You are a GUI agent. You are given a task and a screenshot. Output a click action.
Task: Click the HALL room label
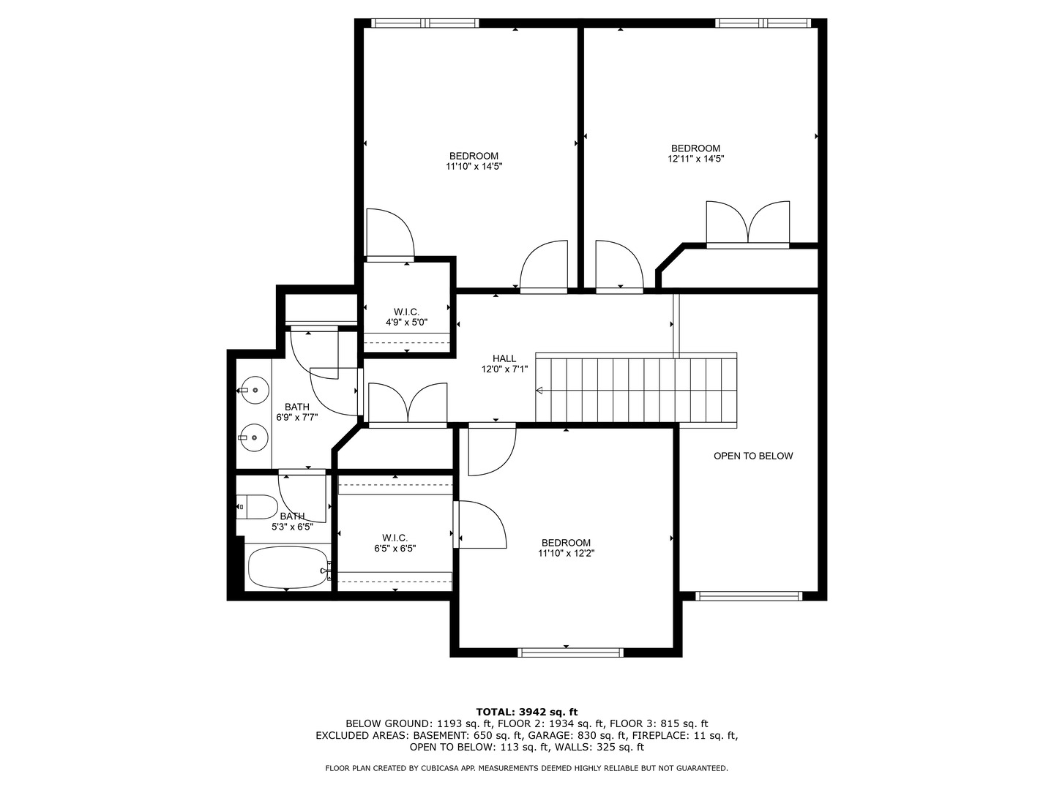tap(504, 358)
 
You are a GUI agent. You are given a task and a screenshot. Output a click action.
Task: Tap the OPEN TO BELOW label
tap(753, 456)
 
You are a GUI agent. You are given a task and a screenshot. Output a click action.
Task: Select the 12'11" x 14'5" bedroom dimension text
tap(695, 159)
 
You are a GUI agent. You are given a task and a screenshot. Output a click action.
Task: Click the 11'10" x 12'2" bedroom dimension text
tap(566, 554)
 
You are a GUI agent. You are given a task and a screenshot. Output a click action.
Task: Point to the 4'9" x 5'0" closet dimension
tap(406, 322)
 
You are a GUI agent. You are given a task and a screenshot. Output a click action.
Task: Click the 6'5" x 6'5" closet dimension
tap(395, 548)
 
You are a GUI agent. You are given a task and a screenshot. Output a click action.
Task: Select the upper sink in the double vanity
tap(253, 390)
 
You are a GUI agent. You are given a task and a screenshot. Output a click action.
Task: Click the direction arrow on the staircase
tap(540, 391)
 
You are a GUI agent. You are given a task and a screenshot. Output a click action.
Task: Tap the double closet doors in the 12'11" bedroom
tap(748, 223)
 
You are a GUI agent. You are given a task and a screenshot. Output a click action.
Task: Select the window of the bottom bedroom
tap(570, 652)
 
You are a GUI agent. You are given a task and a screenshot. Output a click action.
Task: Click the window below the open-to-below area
tap(748, 596)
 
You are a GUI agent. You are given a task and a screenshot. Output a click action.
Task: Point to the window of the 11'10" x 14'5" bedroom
tap(425, 23)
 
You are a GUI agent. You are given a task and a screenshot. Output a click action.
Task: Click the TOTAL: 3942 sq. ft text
tap(526, 712)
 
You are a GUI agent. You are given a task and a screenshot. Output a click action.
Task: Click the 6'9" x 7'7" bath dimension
tap(296, 418)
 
